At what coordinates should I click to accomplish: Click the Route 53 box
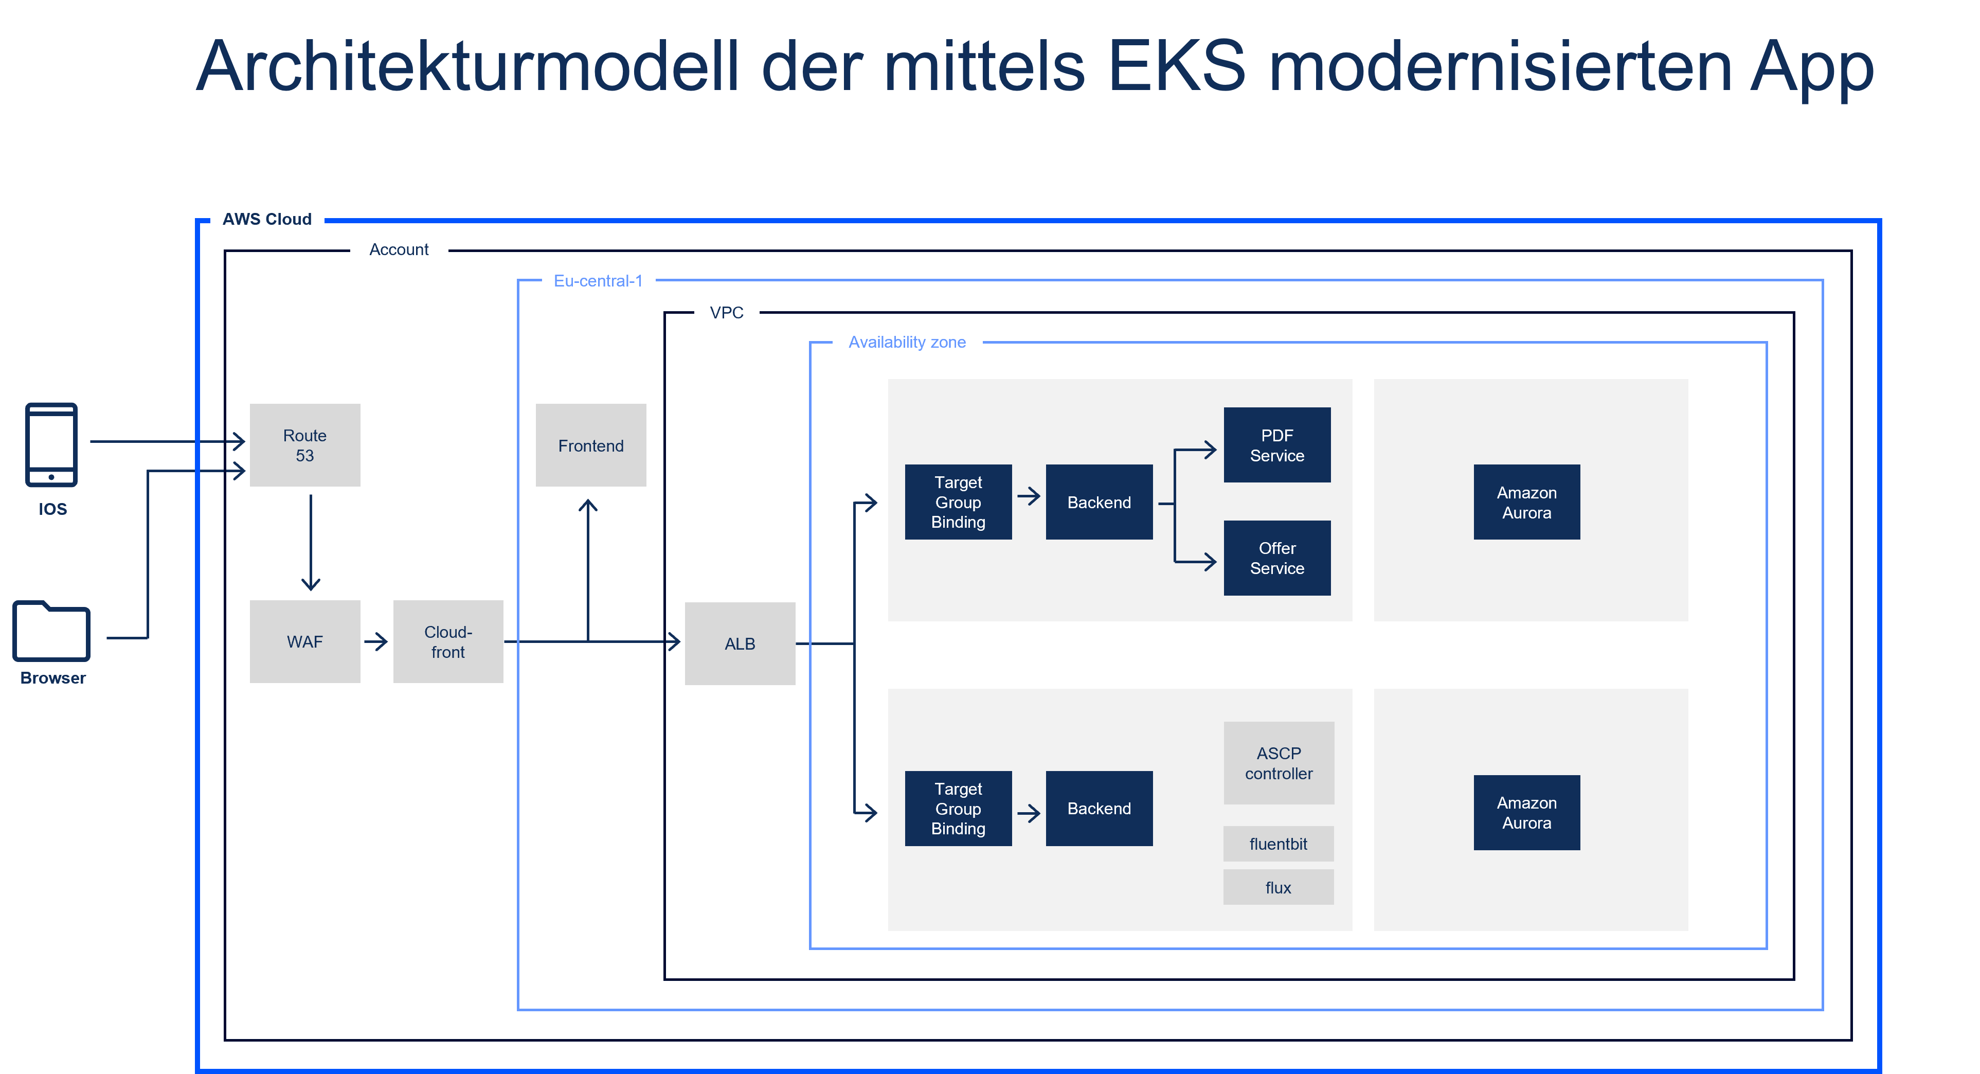coord(304,445)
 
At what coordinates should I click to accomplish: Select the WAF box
coord(304,641)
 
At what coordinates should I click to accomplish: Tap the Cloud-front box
coord(448,641)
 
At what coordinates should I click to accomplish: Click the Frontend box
coord(590,445)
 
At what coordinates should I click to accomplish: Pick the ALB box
coord(740,643)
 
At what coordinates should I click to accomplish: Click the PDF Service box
coord(1276,445)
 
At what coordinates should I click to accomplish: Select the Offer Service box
coord(1276,558)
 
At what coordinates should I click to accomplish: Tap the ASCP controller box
coord(1278,763)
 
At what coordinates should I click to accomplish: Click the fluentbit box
coord(1278,844)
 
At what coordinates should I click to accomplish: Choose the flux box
coord(1278,887)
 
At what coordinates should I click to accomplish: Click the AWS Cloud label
coord(267,219)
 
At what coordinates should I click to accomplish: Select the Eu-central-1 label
coord(598,281)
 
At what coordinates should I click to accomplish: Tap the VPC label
coord(726,312)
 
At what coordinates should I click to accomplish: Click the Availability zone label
coord(907,342)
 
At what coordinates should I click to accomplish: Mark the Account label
coord(399,249)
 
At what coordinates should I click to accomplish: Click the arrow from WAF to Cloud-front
coord(376,641)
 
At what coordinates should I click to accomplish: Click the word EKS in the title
coord(1176,68)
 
